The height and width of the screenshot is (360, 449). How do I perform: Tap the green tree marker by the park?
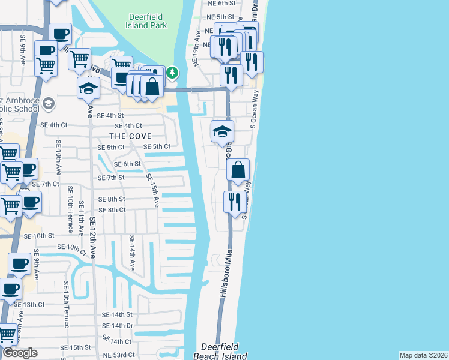click(173, 73)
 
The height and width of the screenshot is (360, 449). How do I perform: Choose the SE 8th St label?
click(112, 199)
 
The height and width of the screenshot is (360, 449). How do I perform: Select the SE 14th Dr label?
click(117, 326)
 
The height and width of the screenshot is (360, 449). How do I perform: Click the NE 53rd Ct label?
click(118, 355)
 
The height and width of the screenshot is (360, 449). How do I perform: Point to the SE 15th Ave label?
click(152, 191)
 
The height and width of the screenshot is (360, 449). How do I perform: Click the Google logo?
click(20, 353)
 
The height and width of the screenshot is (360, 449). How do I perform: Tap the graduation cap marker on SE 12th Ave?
click(88, 88)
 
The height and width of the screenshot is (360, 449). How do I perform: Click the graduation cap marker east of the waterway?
click(221, 131)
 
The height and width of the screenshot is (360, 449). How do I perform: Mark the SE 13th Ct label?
click(29, 304)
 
